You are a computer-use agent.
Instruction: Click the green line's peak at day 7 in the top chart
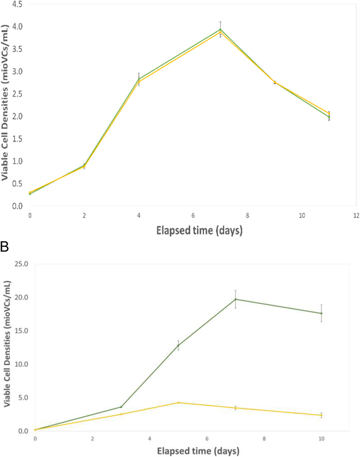[220, 29]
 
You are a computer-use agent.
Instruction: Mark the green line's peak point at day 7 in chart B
[236, 299]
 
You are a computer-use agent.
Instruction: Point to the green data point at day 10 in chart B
[321, 313]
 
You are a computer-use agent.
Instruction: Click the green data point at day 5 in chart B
[178, 345]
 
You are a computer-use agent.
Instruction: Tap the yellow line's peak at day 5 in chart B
[178, 402]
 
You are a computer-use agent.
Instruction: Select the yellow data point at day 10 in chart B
[321, 415]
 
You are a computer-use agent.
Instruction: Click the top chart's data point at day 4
[139, 79]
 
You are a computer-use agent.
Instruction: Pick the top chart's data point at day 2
[84, 165]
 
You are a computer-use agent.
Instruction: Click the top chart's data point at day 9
[275, 82]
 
